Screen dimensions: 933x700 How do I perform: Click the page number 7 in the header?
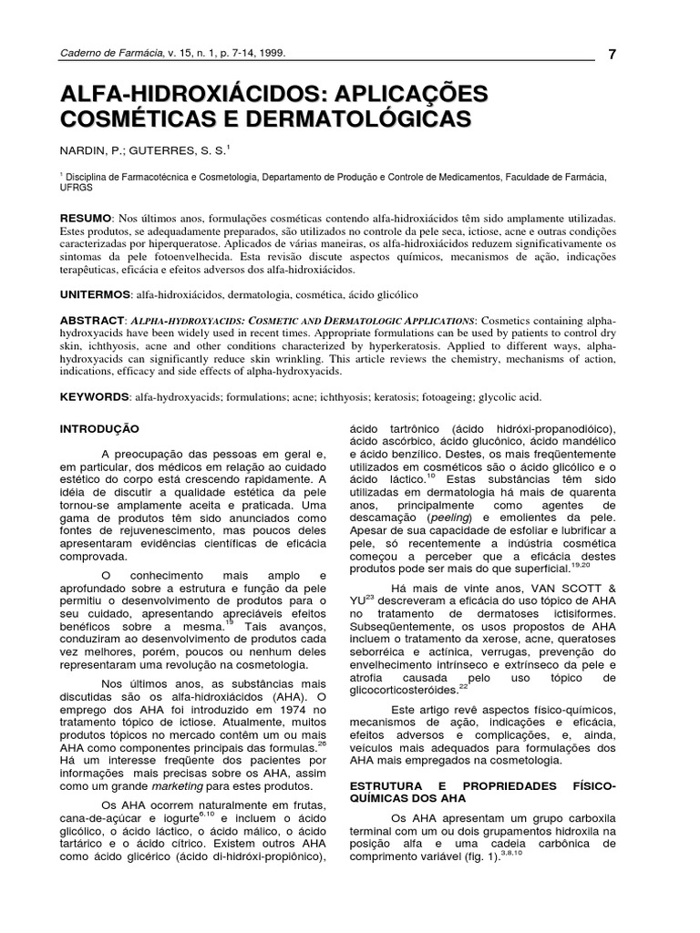tap(612, 54)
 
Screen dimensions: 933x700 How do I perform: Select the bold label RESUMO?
tap(85, 220)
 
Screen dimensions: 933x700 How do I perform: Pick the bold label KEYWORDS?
tap(93, 397)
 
